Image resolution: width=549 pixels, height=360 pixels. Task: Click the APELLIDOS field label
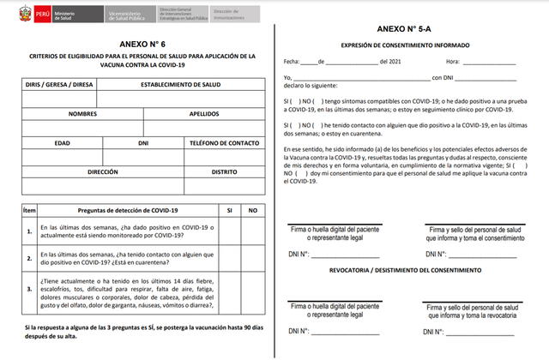(204, 113)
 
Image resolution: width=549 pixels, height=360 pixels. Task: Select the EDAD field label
(62, 142)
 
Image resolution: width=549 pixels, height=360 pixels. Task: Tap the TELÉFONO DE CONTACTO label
(224, 142)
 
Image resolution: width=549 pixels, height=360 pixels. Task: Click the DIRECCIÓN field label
(102, 171)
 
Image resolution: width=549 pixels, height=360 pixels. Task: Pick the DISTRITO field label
(224, 171)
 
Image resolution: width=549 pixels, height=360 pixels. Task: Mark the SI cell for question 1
(228, 231)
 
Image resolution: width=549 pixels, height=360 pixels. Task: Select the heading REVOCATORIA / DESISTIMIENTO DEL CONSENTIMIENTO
(408, 269)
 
